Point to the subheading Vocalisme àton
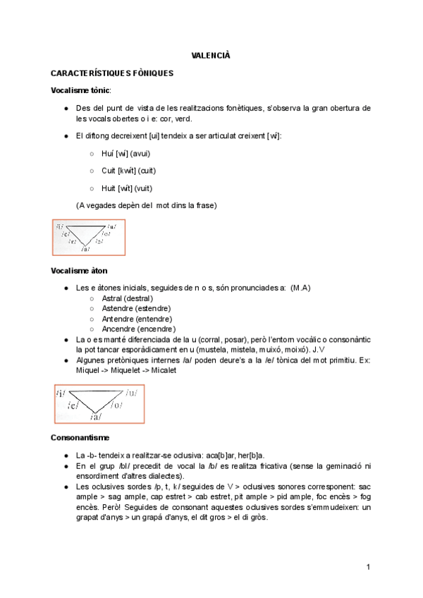(x=79, y=270)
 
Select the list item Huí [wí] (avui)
(x=126, y=153)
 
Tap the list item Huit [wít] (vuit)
(x=127, y=188)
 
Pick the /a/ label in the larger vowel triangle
(x=94, y=417)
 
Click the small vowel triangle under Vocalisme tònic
(x=88, y=237)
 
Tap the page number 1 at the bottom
(x=368, y=567)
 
